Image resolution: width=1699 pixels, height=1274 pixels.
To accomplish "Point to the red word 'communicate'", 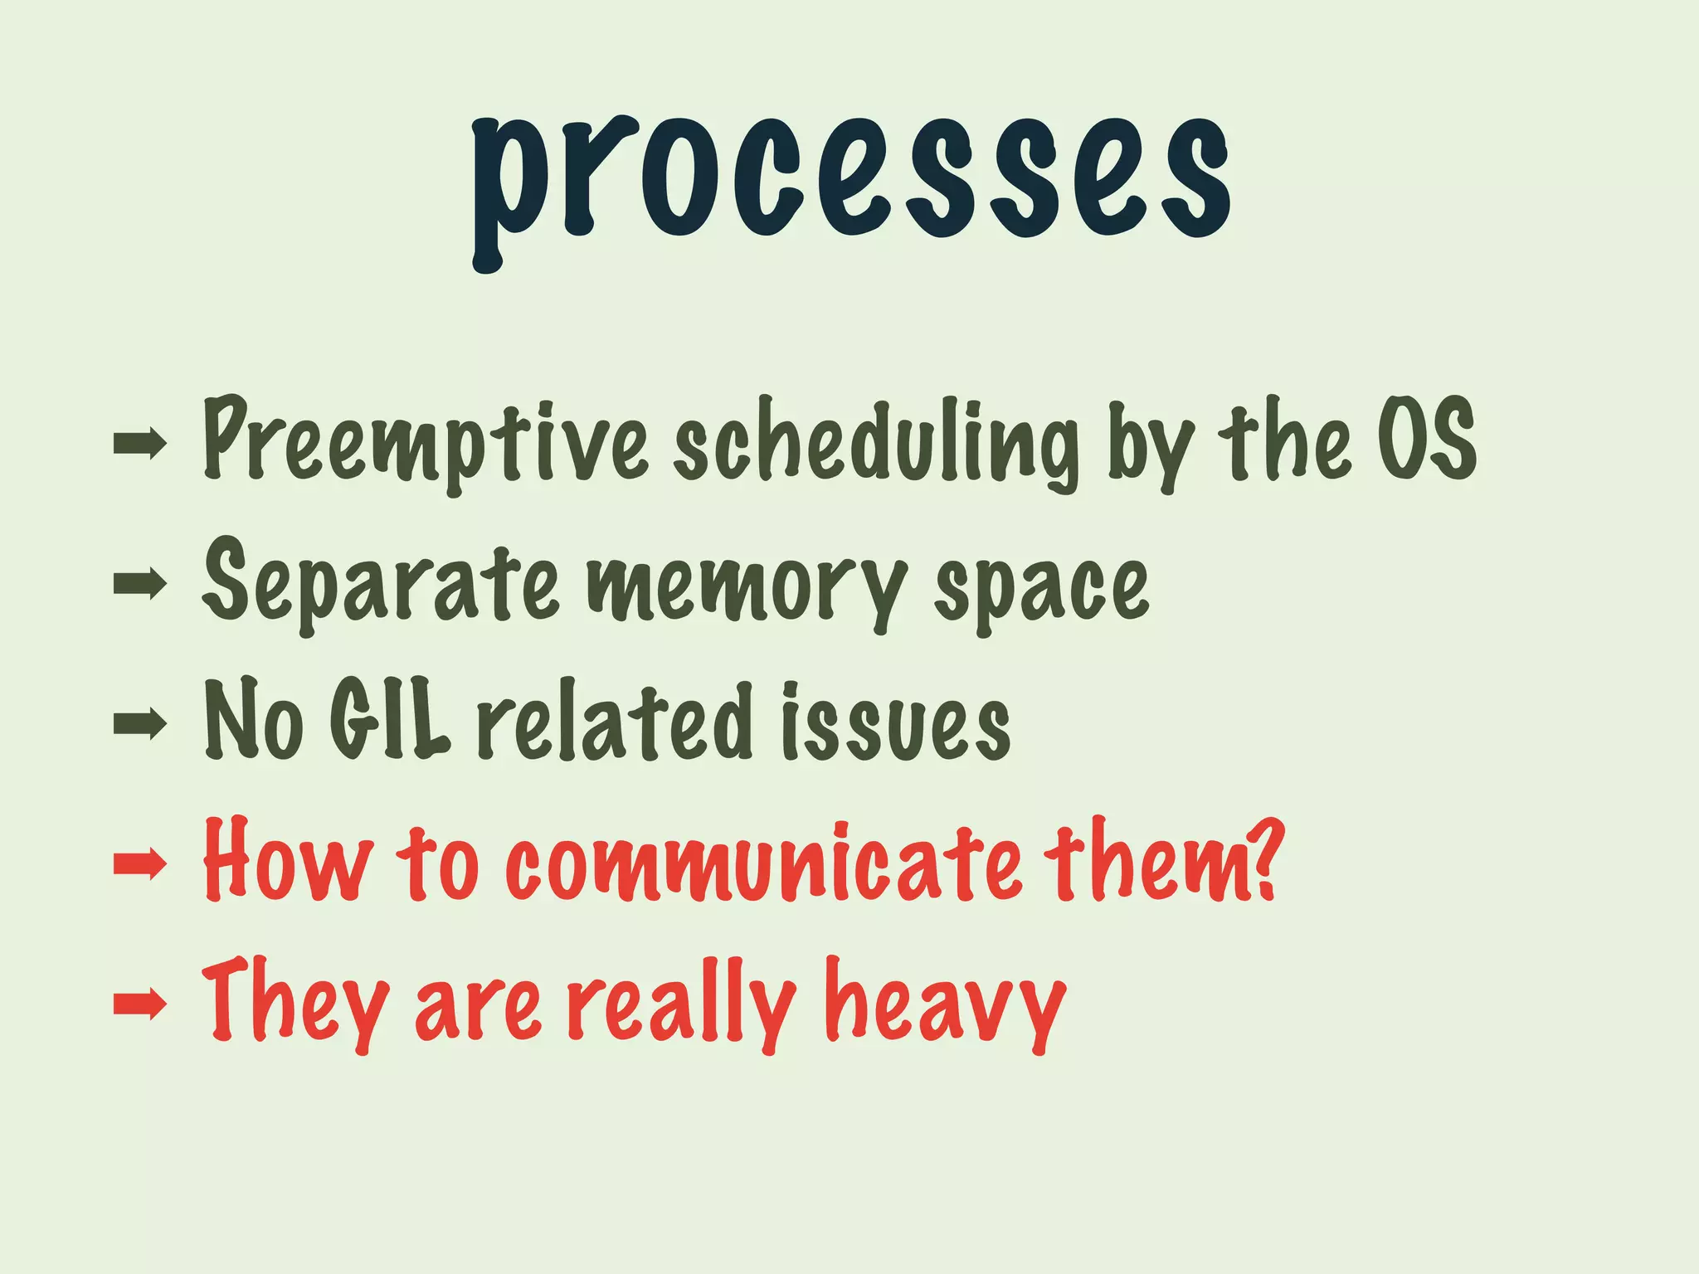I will click(763, 863).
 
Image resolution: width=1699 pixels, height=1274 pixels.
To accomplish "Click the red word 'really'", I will click(680, 1004).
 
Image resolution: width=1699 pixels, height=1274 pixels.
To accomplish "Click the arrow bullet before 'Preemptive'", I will click(139, 445).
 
